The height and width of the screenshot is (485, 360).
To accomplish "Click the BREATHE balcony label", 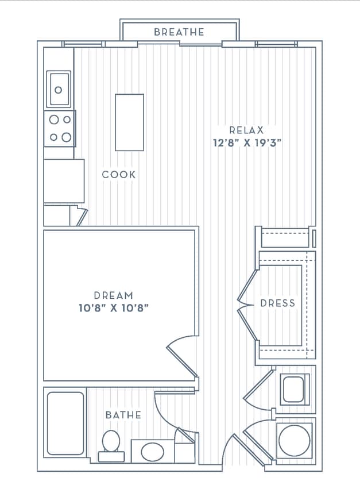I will coord(179,32).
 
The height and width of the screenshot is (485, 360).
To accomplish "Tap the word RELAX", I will coord(246,130).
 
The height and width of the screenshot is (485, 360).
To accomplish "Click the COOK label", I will coord(119,175).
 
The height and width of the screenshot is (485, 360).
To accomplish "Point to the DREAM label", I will coord(114,295).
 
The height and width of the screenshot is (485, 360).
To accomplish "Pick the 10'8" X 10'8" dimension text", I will coord(114,308).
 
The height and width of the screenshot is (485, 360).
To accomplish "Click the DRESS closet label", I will coord(277,303).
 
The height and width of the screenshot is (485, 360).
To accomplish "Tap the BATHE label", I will coord(123,414).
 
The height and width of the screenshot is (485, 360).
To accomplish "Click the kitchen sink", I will coord(59,89).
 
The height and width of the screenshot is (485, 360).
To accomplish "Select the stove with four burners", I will coord(60,128).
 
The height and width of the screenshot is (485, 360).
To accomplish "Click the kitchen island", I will coord(129,122).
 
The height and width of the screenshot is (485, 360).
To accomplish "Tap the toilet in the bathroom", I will coord(111,446).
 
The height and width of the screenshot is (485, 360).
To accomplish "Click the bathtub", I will coord(65,424).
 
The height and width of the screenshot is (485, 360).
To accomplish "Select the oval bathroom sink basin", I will coord(152,452).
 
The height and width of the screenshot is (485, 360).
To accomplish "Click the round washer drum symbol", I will coord(295,441).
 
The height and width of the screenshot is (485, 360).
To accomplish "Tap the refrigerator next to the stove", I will coord(64,181).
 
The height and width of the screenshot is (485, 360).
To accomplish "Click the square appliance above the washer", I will coord(295,390).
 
